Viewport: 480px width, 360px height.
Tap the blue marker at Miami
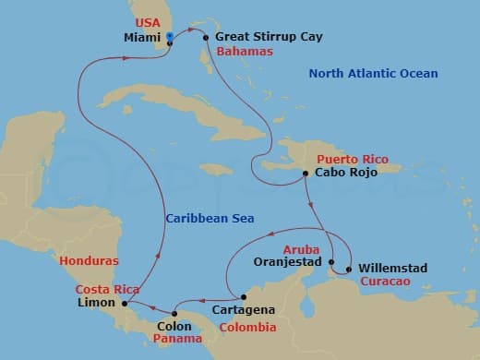point(170,37)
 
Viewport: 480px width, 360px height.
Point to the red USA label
point(148,22)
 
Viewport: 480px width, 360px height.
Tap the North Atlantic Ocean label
point(373,73)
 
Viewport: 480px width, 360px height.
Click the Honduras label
point(89,261)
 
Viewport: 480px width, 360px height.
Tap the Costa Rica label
point(106,290)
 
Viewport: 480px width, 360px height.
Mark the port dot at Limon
point(125,302)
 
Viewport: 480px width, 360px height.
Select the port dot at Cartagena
point(243,297)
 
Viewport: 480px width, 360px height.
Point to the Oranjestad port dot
point(331,261)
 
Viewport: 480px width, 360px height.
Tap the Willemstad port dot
point(348,269)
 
